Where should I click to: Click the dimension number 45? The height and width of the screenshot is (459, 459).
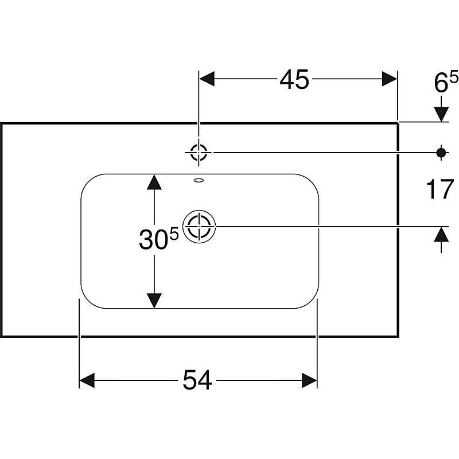pos(294,79)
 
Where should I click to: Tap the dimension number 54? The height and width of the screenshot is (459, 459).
pos(197,380)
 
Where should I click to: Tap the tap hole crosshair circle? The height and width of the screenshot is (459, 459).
pos(199,152)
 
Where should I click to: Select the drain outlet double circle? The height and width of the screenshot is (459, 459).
pos(199,226)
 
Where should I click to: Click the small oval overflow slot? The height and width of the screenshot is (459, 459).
pos(199,180)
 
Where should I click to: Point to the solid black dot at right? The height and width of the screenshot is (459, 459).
pos(441,152)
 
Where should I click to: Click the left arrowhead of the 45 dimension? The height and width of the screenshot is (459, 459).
pos(206,79)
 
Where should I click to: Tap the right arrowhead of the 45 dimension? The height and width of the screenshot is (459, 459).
pos(390,79)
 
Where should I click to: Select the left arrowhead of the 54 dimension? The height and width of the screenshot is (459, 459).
pos(87,380)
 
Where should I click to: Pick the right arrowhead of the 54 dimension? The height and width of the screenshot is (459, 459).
pos(310,380)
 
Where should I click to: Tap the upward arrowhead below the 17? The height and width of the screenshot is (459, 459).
pos(441,234)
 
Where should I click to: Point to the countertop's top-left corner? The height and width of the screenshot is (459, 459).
pos(1,123)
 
